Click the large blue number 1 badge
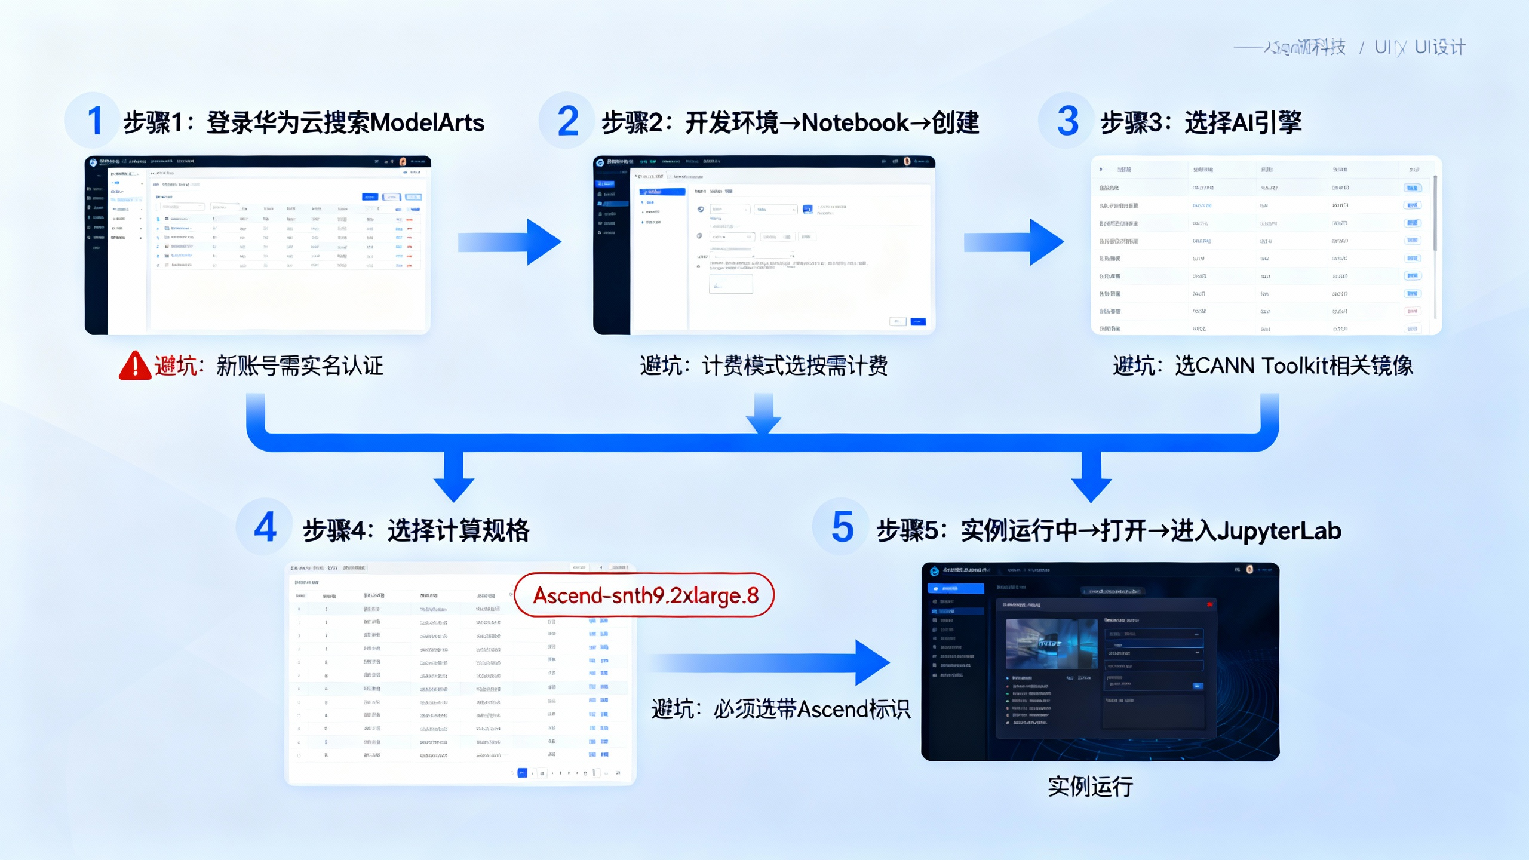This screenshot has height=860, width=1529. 94,121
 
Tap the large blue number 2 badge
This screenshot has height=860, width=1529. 567,121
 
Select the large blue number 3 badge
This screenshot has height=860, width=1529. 1067,121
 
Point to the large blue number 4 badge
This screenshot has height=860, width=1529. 265,527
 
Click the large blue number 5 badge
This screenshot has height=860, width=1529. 842,527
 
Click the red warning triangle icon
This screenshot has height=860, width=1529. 135,365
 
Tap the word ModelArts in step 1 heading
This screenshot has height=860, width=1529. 427,123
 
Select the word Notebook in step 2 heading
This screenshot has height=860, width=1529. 855,123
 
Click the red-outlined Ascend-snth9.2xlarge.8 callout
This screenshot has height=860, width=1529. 644,595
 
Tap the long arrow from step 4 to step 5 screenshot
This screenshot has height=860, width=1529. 770,662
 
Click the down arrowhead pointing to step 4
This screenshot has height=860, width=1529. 454,487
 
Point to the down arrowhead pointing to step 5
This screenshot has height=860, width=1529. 1091,487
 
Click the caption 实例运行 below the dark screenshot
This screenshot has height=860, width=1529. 1091,787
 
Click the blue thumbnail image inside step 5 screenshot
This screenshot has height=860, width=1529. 1051,643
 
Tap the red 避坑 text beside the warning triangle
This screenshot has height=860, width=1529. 176,365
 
